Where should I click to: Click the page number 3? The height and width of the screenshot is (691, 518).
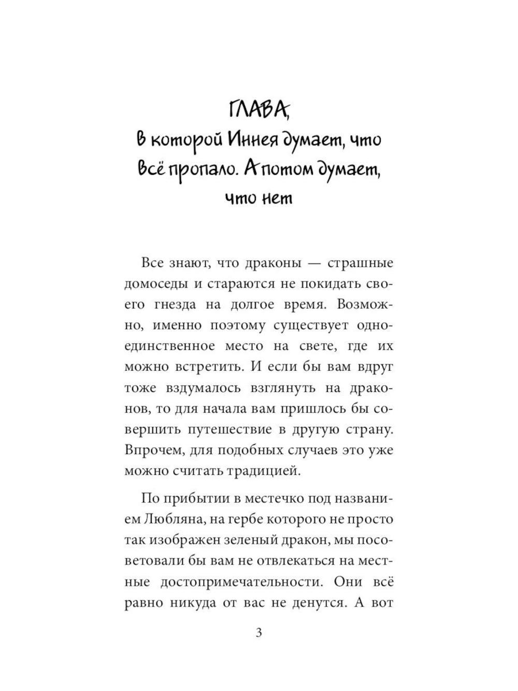259,633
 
